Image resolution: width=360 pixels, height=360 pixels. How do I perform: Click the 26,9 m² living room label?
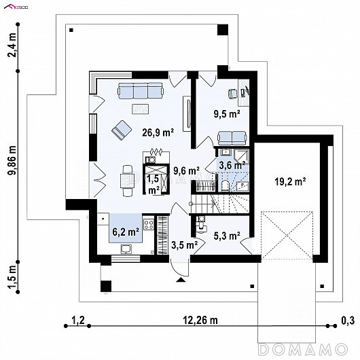[x=158, y=132]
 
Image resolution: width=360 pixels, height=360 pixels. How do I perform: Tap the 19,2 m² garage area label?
[x=290, y=181]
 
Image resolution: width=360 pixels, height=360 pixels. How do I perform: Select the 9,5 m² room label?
[x=227, y=114]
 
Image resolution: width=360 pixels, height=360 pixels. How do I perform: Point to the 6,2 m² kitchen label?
[x=126, y=232]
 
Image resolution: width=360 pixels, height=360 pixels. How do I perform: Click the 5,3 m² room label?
[x=227, y=236]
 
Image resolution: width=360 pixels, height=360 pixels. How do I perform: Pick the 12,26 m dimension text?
[x=200, y=320]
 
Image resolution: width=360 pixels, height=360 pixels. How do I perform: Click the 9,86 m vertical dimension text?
[x=12, y=160]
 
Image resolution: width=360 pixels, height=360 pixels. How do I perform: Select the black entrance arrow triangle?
[x=181, y=279]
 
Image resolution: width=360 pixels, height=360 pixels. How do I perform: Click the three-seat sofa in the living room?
[x=141, y=90]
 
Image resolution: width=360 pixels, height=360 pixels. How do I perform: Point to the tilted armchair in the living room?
[x=122, y=130]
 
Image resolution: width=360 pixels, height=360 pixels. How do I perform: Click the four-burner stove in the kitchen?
[x=149, y=224]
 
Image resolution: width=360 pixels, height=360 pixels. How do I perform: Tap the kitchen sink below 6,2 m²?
[x=126, y=249]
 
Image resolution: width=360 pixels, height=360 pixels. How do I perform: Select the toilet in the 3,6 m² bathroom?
[x=226, y=185]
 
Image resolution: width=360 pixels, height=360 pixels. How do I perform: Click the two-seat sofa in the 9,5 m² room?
[x=232, y=138]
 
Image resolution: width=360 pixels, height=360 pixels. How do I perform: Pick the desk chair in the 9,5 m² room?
[x=232, y=94]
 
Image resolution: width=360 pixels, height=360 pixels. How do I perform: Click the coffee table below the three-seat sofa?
[x=141, y=109]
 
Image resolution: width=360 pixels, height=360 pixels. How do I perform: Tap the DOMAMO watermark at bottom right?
[x=302, y=349]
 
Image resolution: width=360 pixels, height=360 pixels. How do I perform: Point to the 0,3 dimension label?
[x=348, y=321]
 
